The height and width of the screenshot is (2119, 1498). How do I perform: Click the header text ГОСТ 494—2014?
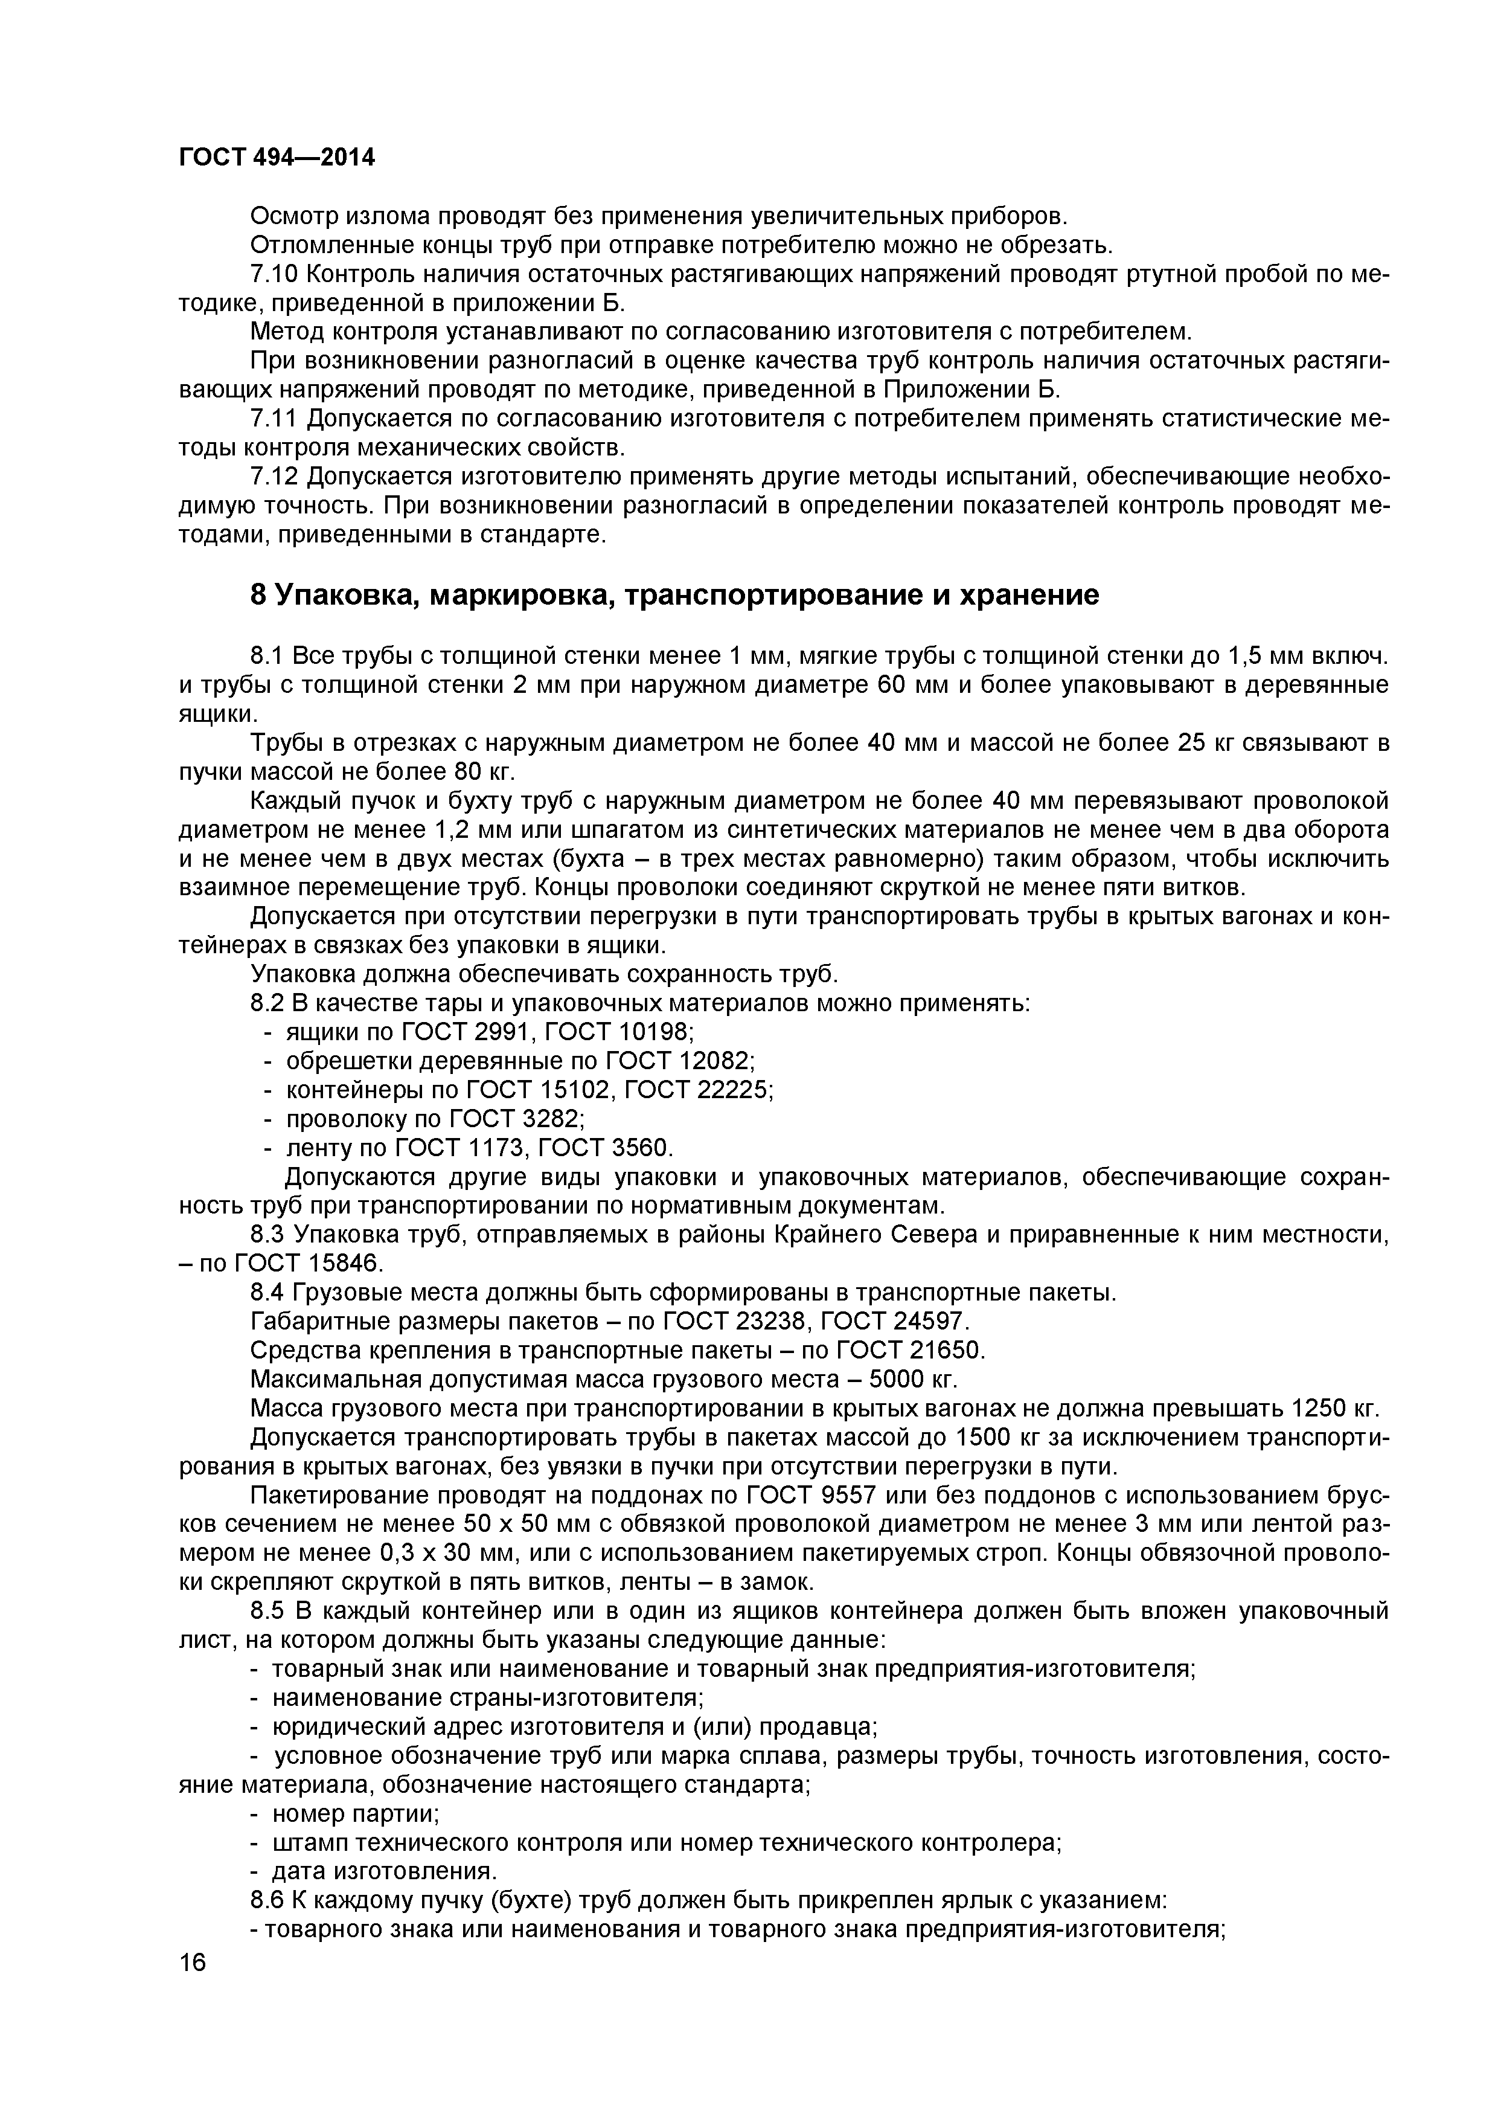pyautogui.click(x=277, y=158)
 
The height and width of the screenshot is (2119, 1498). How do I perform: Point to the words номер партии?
pyautogui.click(x=356, y=1813)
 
